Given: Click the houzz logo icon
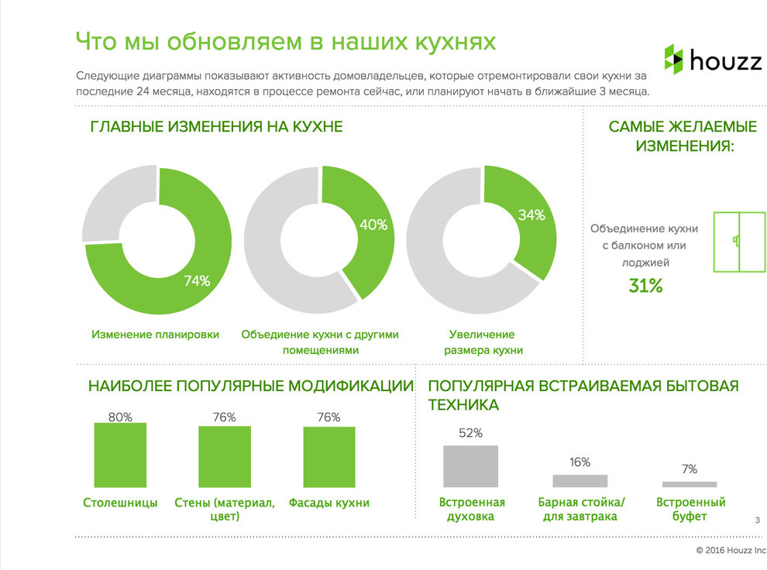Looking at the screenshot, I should click(x=674, y=60).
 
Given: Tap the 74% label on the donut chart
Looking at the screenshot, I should click(x=197, y=281).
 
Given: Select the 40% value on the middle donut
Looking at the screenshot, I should click(x=373, y=225).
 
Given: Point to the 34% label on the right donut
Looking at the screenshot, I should click(x=531, y=215).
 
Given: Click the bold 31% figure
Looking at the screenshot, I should click(x=645, y=286).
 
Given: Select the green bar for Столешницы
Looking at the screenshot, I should click(x=120, y=455).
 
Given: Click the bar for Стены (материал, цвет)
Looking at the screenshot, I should click(x=225, y=456).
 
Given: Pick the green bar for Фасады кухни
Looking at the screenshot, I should click(x=328, y=456).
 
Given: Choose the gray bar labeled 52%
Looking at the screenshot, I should click(x=470, y=465).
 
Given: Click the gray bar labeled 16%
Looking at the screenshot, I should click(x=580, y=480).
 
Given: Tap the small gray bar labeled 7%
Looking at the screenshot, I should click(x=690, y=483).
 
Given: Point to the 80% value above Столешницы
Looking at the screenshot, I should click(x=120, y=417).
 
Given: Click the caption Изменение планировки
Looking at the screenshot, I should click(x=155, y=335).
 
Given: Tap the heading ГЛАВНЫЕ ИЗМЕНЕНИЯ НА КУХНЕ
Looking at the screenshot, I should click(x=216, y=127).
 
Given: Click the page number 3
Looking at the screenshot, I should click(x=757, y=520).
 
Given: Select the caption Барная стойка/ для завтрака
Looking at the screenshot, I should click(x=580, y=509).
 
